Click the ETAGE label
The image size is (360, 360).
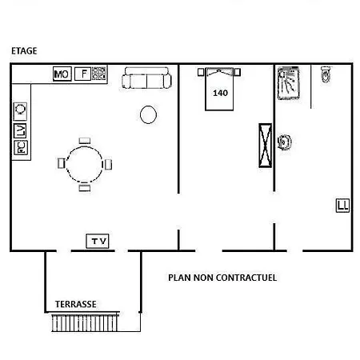[24, 50]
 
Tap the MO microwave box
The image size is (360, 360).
[62, 74]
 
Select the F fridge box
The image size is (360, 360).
[83, 74]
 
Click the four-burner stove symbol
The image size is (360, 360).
[98, 74]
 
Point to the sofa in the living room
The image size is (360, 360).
[146, 78]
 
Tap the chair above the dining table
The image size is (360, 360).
[85, 141]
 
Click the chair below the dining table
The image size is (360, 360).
[85, 188]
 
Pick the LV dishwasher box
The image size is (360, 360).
[20, 130]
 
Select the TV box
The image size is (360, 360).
[98, 242]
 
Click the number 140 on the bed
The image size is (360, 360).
[220, 93]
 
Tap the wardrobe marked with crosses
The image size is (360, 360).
[265, 146]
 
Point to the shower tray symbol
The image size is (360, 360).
[288, 83]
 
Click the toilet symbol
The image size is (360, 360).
[326, 74]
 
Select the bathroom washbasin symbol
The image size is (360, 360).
[284, 142]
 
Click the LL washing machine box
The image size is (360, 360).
[342, 206]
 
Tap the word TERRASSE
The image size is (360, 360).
[76, 304]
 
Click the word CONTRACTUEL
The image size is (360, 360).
[246, 278]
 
